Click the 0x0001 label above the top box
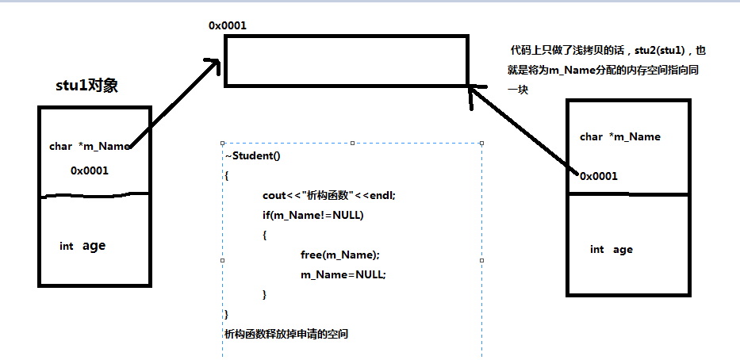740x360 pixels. [x=227, y=25]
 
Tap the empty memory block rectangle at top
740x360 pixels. [x=346, y=60]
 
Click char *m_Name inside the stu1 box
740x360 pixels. [x=89, y=146]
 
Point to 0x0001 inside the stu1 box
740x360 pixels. [x=89, y=170]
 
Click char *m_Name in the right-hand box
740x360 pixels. [x=619, y=136]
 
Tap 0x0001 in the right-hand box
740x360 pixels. [x=599, y=176]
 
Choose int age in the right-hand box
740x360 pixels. [x=611, y=249]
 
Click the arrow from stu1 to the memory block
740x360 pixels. [x=174, y=103]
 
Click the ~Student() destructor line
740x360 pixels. [x=252, y=155]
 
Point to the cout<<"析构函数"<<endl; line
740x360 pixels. [x=328, y=195]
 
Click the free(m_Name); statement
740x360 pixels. [x=340, y=255]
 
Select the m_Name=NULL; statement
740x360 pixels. [x=343, y=274]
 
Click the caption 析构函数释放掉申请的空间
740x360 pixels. [x=286, y=334]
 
